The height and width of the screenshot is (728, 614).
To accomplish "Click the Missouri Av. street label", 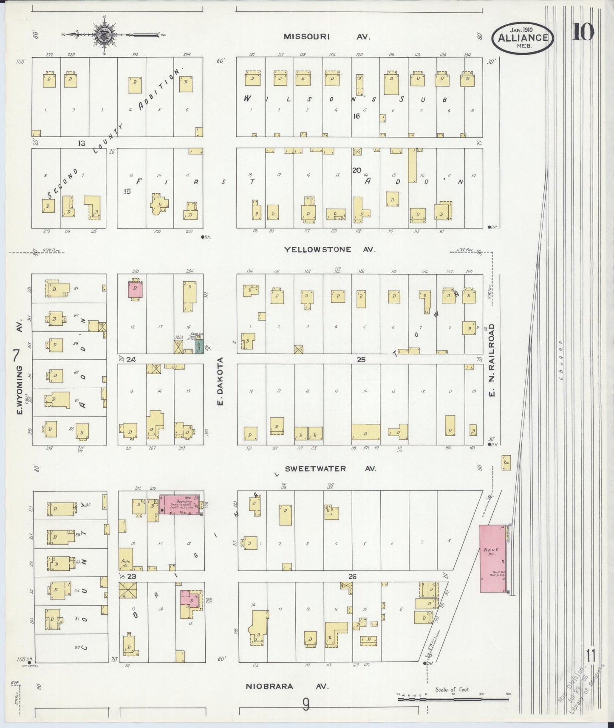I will (x=327, y=37).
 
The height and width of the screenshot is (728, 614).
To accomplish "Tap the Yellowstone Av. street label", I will (x=330, y=249).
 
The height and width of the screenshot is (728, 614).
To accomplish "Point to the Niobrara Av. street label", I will (x=287, y=686).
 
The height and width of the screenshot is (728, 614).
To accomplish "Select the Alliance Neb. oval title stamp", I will (x=523, y=37).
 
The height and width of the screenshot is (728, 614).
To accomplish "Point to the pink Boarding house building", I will (x=180, y=505).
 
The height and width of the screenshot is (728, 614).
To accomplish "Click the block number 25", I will (x=361, y=360).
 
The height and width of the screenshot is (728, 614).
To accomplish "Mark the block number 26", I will (x=352, y=576).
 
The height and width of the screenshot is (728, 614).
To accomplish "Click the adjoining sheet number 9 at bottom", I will (x=306, y=705).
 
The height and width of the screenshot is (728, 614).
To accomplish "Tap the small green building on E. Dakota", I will (x=199, y=346).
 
